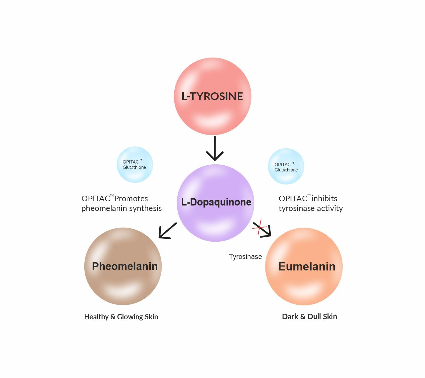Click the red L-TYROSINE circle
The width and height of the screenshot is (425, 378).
click(212, 96)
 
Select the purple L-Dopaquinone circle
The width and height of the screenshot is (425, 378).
click(216, 203)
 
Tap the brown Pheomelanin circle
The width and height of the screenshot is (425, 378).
click(123, 266)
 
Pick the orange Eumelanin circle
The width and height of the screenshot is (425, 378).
click(304, 266)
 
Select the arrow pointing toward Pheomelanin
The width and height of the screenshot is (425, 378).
click(167, 230)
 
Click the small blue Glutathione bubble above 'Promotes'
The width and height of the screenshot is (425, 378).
click(135, 164)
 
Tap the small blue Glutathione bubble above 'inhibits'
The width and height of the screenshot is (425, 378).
click(286, 166)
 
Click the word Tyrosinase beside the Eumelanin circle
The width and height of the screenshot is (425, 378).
click(245, 257)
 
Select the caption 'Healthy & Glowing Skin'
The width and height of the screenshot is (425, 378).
click(121, 317)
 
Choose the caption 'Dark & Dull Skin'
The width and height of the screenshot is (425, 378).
click(309, 317)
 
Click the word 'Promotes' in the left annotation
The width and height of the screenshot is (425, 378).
click(131, 199)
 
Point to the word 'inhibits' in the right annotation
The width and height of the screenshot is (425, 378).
click(324, 199)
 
